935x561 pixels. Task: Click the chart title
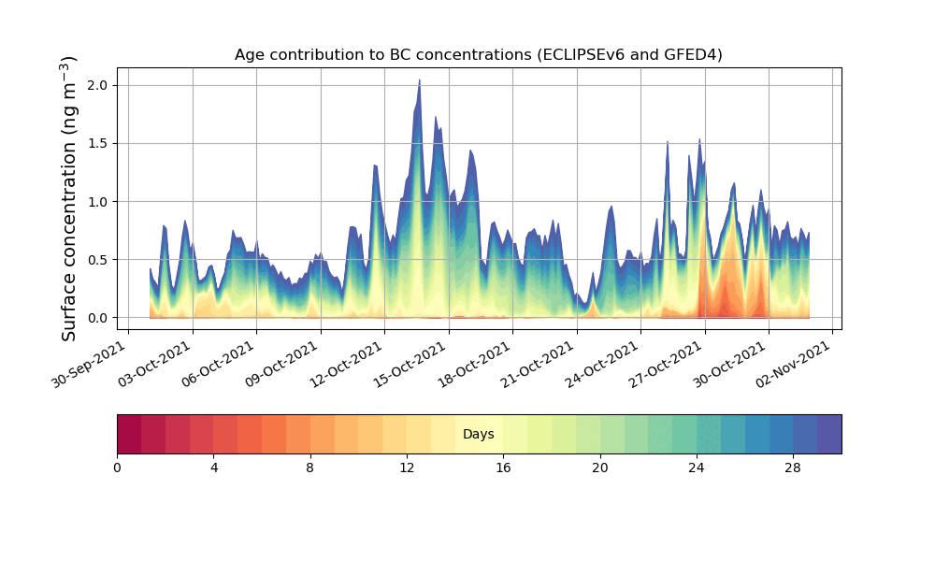tap(478, 55)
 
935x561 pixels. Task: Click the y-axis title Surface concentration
tap(69, 198)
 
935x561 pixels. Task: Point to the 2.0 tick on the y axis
tap(98, 85)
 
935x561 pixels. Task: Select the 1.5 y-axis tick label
tap(98, 143)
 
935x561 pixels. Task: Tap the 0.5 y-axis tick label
tap(98, 259)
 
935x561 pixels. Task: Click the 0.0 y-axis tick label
tap(98, 318)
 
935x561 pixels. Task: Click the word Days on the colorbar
tap(478, 435)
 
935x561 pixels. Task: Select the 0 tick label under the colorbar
tap(117, 467)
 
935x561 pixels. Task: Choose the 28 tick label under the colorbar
tap(793, 467)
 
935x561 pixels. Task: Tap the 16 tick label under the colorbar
tap(503, 467)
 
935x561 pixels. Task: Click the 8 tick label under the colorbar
tap(310, 467)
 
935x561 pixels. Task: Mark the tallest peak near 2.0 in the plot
tap(419, 82)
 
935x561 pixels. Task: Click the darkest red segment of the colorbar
tap(129, 434)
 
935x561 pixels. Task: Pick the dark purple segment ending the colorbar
tap(829, 434)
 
